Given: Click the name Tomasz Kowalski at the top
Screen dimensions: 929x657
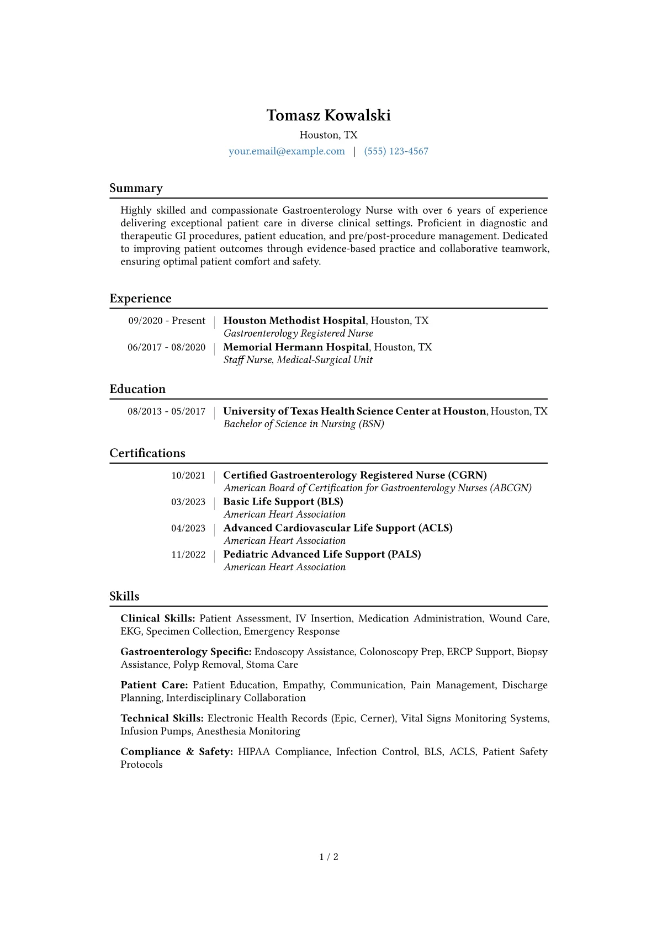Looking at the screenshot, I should coord(328,115).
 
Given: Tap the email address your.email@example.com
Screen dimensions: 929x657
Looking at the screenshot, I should coord(287,151).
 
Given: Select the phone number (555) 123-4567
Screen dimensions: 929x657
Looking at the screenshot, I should coord(396,151).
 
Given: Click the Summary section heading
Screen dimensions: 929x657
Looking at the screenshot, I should coord(136,188).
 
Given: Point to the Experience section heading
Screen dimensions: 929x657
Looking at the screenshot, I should coord(140,299).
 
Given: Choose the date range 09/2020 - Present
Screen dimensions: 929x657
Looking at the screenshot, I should coord(167,321).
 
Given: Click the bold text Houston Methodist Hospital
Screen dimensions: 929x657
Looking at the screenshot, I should coord(294,321).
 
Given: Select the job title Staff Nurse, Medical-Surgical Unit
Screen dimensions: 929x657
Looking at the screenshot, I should coord(298,360).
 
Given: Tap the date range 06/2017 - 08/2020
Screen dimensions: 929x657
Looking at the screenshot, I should coord(166,347).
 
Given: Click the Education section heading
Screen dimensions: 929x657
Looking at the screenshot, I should coord(137,389).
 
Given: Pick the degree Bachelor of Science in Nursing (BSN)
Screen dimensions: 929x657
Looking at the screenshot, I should coord(304,424).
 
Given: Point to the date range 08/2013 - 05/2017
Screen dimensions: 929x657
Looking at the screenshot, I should coord(166,411).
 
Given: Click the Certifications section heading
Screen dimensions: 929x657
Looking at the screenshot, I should coord(147,453).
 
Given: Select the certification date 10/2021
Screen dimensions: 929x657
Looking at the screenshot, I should coord(188,475).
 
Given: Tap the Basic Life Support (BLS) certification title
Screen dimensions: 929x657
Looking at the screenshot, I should coord(283,502).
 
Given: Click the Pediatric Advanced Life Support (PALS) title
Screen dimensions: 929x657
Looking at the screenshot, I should coord(322,555).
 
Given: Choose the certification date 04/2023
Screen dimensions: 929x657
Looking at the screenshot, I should coord(188,528).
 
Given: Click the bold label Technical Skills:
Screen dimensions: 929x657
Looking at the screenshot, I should coord(162,718).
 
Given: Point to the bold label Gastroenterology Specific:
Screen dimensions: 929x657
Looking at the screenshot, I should coord(186,652).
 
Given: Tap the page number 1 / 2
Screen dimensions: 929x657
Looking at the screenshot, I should coord(328,857).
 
